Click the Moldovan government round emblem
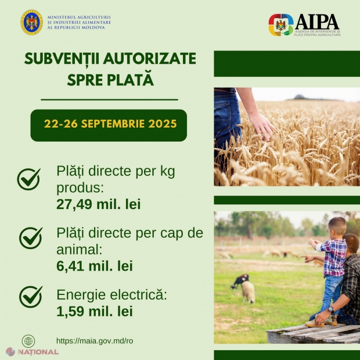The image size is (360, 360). tap(32, 22)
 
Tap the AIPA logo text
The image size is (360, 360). tap(317, 21)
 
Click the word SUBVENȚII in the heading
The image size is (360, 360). tap(62, 59)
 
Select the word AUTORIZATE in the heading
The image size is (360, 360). tap(149, 59)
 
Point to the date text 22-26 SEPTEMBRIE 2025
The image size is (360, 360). tap(110, 124)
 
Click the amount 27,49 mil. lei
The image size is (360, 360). tap(99, 204)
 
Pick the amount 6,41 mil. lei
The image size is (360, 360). tap(95, 266)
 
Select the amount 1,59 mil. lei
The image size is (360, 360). tap(95, 311)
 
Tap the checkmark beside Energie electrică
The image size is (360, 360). tap(31, 297)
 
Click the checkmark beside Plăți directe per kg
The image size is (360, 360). tap(28, 179)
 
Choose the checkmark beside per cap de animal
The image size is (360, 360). tap(31, 238)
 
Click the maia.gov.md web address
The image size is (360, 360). tap(95, 341)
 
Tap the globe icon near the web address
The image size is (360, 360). tap(28, 341)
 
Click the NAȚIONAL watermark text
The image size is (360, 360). tap(38, 352)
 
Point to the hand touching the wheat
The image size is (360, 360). tap(261, 126)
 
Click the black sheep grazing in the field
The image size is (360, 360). tap(240, 280)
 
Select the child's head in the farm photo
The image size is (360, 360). tap(337, 226)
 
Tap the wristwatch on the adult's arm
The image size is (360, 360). tap(330, 309)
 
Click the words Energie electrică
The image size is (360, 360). tap(111, 294)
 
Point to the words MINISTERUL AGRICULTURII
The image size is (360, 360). tap(79, 17)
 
